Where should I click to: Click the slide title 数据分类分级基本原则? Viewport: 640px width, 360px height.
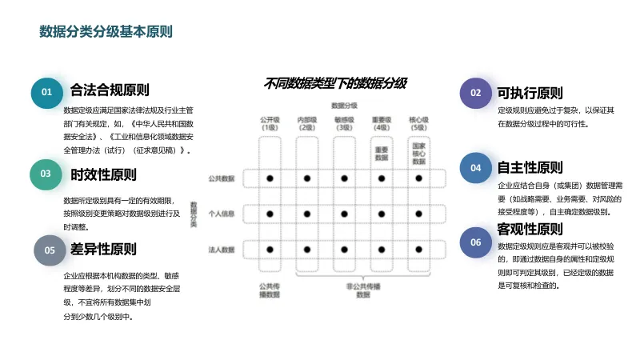coord(106,31)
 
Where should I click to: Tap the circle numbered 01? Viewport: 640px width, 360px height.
coord(47,92)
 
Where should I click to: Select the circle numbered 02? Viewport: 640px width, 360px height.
coord(476,93)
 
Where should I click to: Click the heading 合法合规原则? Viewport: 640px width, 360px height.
coord(110,90)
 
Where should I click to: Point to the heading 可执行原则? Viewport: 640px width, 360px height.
coord(529,93)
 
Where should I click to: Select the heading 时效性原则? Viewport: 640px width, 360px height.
coord(103,174)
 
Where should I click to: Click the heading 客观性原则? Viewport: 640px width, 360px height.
coord(529,230)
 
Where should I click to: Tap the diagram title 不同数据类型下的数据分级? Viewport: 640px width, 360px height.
coord(335,83)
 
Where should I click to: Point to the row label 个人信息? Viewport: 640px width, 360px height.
coord(220,214)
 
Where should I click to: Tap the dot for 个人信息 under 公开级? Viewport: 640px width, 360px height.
coord(270,214)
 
